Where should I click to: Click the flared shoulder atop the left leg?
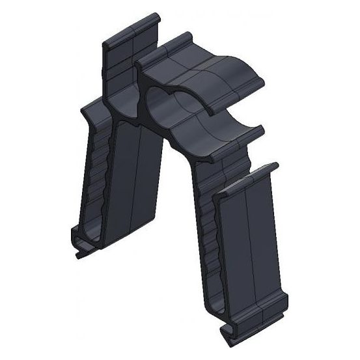pyautogui.click(x=91, y=111)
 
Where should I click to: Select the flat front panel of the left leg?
pyautogui.click(x=133, y=182)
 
